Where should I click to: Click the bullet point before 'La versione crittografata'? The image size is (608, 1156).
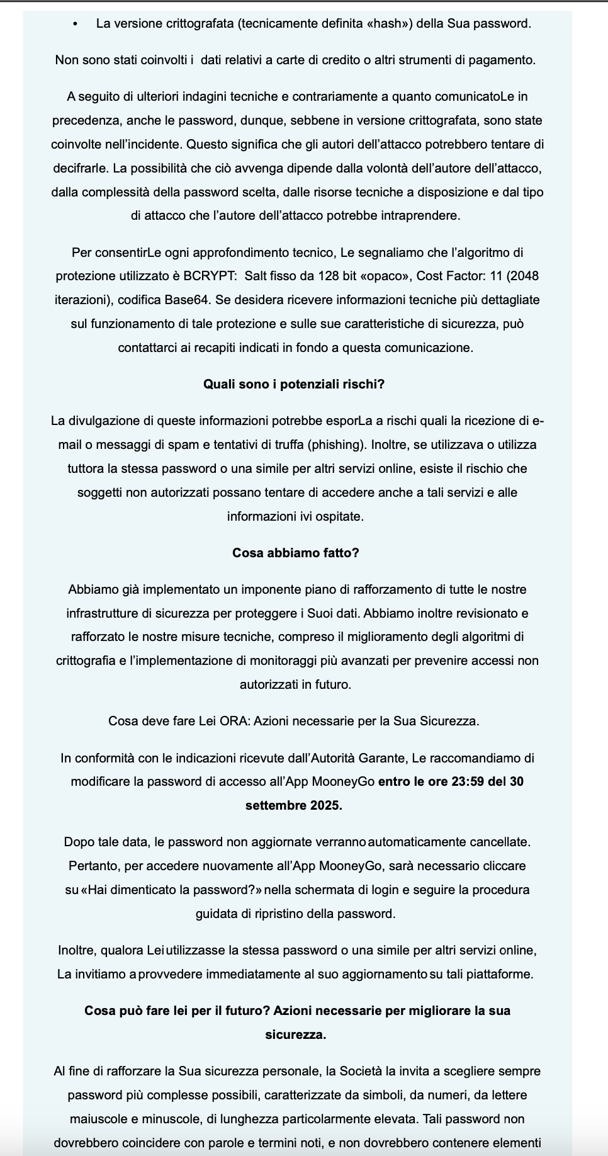tap(76, 24)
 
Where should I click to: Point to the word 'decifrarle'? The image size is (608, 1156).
tap(79, 168)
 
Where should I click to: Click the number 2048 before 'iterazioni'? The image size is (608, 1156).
tap(526, 276)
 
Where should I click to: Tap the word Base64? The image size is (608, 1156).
tap(187, 300)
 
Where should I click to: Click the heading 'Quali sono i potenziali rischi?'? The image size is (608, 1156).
tap(294, 384)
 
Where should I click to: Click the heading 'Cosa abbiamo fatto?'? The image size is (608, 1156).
tap(295, 553)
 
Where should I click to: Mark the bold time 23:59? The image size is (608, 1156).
tap(468, 781)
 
